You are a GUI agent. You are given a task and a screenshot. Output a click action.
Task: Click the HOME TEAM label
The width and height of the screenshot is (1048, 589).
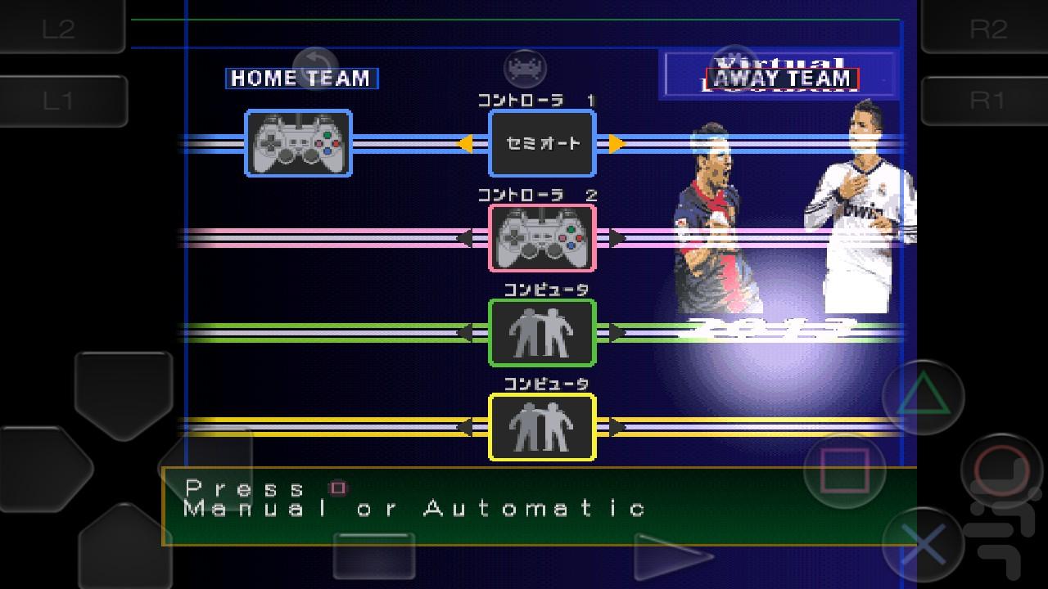tap(301, 79)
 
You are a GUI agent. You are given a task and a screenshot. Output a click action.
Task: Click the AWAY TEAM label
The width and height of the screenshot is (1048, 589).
tap(782, 79)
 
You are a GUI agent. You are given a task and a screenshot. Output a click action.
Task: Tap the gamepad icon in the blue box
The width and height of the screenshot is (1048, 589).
tap(298, 144)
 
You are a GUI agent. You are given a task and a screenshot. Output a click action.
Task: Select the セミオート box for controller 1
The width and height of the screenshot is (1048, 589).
tap(542, 144)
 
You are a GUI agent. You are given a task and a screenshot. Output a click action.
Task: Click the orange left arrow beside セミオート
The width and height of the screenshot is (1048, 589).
tap(465, 144)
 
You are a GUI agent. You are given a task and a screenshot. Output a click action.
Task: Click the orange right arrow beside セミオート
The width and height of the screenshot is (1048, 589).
tap(617, 144)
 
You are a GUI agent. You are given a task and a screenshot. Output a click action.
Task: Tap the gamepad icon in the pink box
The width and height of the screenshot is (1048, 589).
tap(542, 238)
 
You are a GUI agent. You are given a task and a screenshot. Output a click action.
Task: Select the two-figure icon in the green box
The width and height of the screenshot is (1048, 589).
tap(542, 333)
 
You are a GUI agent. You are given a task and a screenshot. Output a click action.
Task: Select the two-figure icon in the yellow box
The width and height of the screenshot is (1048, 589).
tap(542, 427)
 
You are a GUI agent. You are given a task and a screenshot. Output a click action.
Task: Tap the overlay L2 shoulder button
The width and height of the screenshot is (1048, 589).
tap(59, 28)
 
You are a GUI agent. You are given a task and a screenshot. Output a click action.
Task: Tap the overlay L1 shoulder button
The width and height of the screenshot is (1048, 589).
tap(59, 101)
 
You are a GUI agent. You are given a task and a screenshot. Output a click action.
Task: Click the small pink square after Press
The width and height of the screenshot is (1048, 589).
tap(337, 488)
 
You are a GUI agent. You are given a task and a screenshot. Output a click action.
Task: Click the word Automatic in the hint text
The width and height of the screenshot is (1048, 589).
tap(534, 509)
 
